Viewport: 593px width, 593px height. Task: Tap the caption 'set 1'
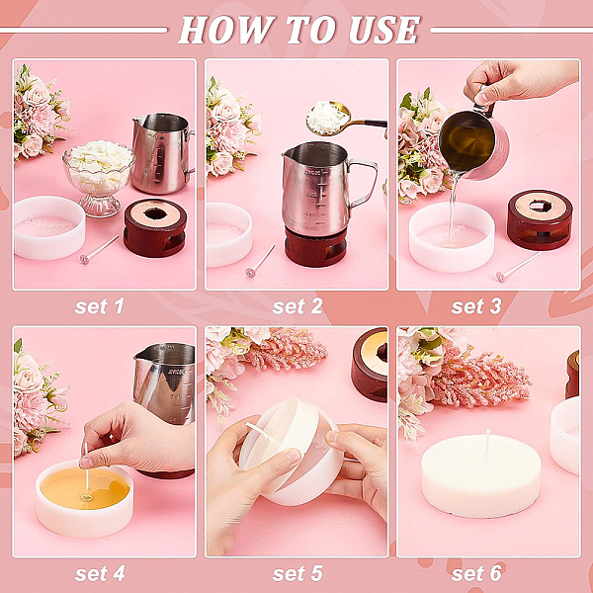tap(100, 306)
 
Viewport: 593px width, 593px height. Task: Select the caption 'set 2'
tap(297, 306)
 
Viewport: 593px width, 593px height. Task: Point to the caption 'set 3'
tap(476, 306)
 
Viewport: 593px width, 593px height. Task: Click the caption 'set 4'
tap(100, 573)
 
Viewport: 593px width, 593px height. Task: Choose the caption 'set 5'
tap(297, 573)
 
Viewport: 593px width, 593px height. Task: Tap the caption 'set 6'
tap(476, 573)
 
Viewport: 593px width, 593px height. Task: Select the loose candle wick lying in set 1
tap(99, 250)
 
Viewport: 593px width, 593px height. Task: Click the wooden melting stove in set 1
tap(155, 227)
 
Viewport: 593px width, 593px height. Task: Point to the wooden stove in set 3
tap(540, 219)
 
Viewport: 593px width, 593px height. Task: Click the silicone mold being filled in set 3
tap(452, 237)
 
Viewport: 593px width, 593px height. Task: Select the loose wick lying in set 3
tap(519, 267)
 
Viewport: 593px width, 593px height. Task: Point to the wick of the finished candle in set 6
tap(487, 446)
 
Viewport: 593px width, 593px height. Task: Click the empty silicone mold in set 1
tap(49, 227)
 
